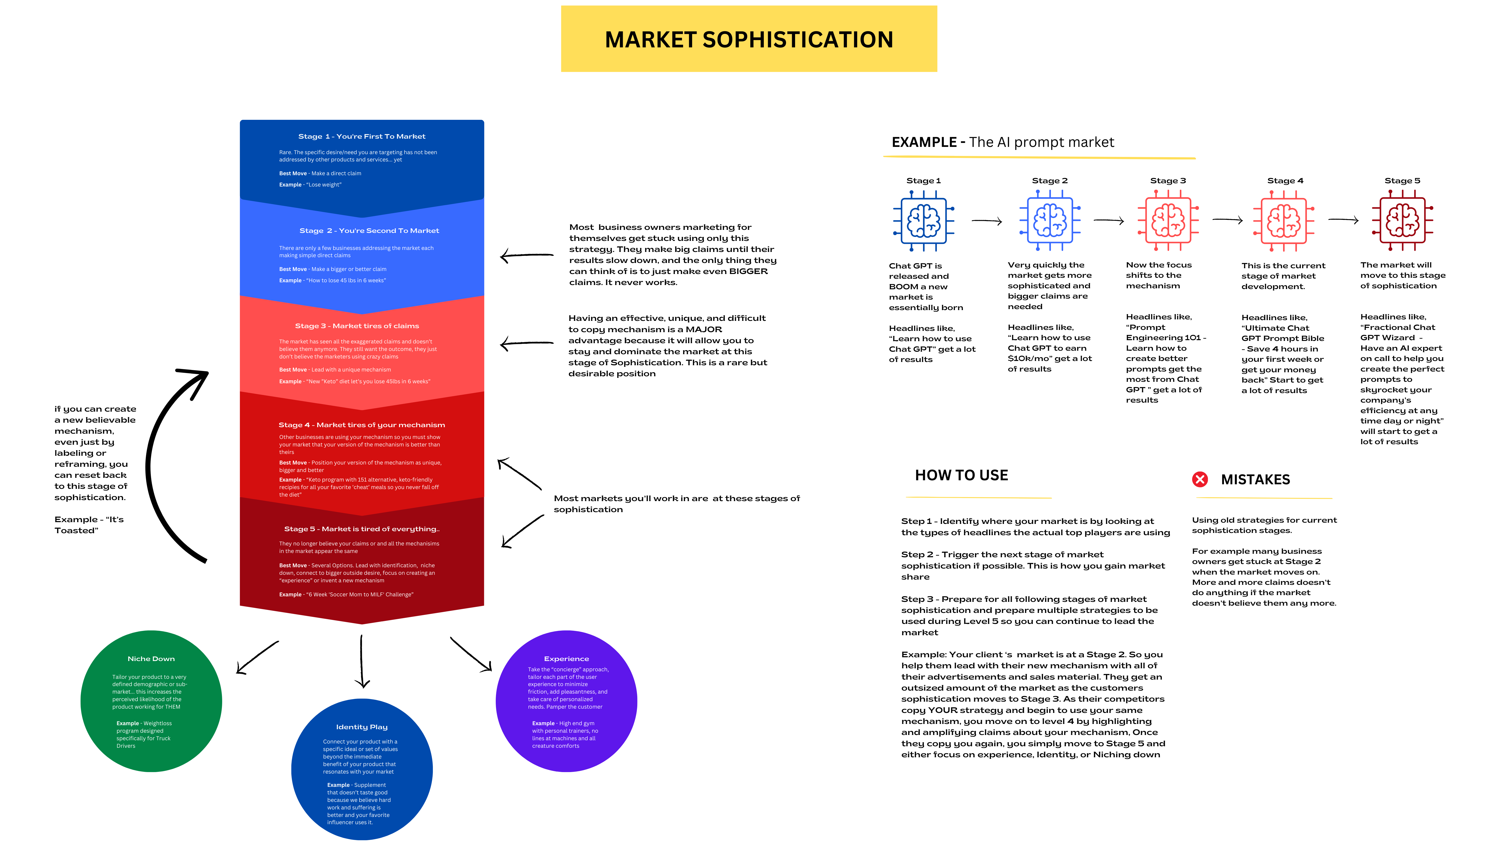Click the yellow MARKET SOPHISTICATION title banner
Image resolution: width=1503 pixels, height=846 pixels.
[x=748, y=39]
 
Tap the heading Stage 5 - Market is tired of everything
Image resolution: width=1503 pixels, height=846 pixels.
[x=362, y=529]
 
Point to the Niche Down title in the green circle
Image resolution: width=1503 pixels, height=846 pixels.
[x=151, y=659]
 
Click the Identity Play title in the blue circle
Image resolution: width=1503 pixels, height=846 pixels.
[x=362, y=727]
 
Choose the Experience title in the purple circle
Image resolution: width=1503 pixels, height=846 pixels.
[x=566, y=659]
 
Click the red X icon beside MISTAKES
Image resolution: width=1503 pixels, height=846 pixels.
[x=1200, y=479]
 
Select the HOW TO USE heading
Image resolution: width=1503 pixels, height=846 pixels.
[x=961, y=475]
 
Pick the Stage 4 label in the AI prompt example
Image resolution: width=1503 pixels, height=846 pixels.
[x=1285, y=181]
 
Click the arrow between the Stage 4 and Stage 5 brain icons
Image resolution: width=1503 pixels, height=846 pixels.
[x=1343, y=220]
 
